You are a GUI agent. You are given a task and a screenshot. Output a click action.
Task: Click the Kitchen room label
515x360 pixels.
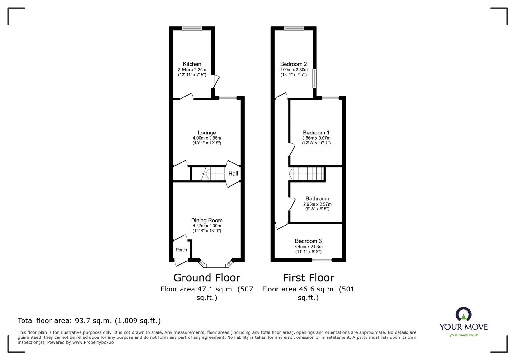[x=192, y=64]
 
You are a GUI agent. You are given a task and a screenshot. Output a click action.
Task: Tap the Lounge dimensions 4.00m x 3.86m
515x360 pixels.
[x=207, y=138]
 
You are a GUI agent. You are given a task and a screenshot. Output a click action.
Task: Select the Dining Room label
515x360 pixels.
[x=207, y=220]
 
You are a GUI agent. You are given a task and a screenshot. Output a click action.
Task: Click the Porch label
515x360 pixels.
[x=181, y=250]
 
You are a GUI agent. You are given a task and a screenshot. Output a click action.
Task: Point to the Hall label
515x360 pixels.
[x=233, y=174]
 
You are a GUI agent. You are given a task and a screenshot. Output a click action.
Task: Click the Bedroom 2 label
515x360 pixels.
[x=293, y=64]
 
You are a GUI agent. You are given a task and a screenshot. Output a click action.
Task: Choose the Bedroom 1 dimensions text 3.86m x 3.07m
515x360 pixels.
[x=316, y=138]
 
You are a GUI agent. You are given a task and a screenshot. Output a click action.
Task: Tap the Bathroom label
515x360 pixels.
[x=317, y=199]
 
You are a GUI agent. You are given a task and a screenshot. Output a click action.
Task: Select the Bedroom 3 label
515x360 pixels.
[x=308, y=241]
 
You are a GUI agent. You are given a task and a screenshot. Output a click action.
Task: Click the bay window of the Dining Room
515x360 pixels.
[x=216, y=266]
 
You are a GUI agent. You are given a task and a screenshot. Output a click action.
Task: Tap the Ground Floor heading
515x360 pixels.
[x=207, y=277]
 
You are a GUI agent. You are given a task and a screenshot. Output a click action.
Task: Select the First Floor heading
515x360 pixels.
[x=308, y=277]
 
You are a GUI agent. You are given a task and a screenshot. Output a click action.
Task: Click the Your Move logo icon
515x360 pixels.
[x=464, y=314]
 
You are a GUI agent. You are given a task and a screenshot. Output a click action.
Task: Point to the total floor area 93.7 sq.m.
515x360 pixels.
[x=89, y=321]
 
